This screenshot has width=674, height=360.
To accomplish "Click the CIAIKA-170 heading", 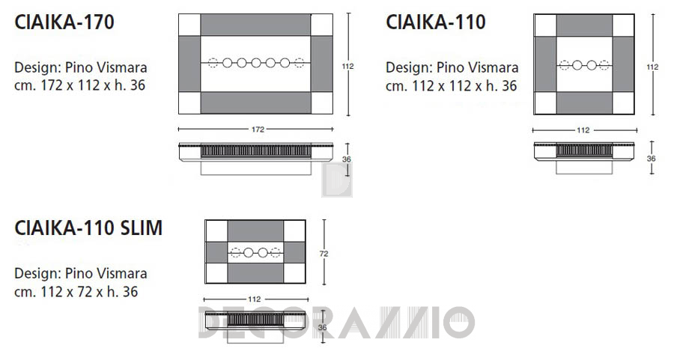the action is [64, 22].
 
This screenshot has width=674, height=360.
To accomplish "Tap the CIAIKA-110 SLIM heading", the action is [88, 228].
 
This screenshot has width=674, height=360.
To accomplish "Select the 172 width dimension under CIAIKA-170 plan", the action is [258, 129].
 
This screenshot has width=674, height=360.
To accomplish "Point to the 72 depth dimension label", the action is [324, 254].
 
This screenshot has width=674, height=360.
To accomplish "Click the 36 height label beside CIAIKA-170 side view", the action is [347, 159].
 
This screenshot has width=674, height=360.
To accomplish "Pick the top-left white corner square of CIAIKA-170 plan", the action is [189, 25].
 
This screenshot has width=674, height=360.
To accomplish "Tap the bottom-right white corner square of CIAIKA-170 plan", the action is [322, 103].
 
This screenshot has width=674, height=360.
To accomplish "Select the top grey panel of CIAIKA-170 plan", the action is [256, 25].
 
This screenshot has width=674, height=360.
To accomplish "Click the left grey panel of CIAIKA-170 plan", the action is [189, 64].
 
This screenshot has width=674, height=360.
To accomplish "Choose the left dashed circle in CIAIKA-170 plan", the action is [213, 63].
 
